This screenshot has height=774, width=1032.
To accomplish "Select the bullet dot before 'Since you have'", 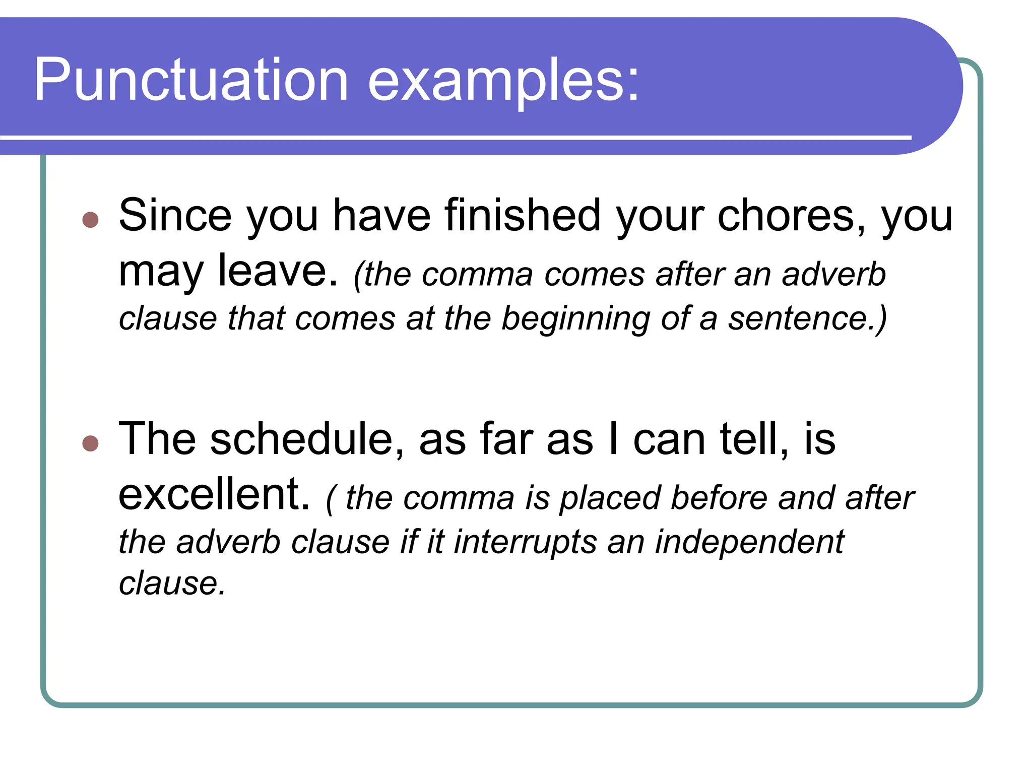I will [90, 220].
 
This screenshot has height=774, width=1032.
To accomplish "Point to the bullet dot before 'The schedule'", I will [90, 443].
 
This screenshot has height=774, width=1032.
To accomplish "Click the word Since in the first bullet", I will [175, 216].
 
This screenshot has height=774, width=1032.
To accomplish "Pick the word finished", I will [523, 216].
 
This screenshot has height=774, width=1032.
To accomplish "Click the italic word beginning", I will [575, 319].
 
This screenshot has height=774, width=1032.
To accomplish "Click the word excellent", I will [214, 495].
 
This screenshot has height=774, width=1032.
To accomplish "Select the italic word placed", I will [610, 499].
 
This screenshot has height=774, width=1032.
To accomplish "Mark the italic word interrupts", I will [525, 543].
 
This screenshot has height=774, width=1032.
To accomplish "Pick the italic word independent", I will [749, 543].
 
